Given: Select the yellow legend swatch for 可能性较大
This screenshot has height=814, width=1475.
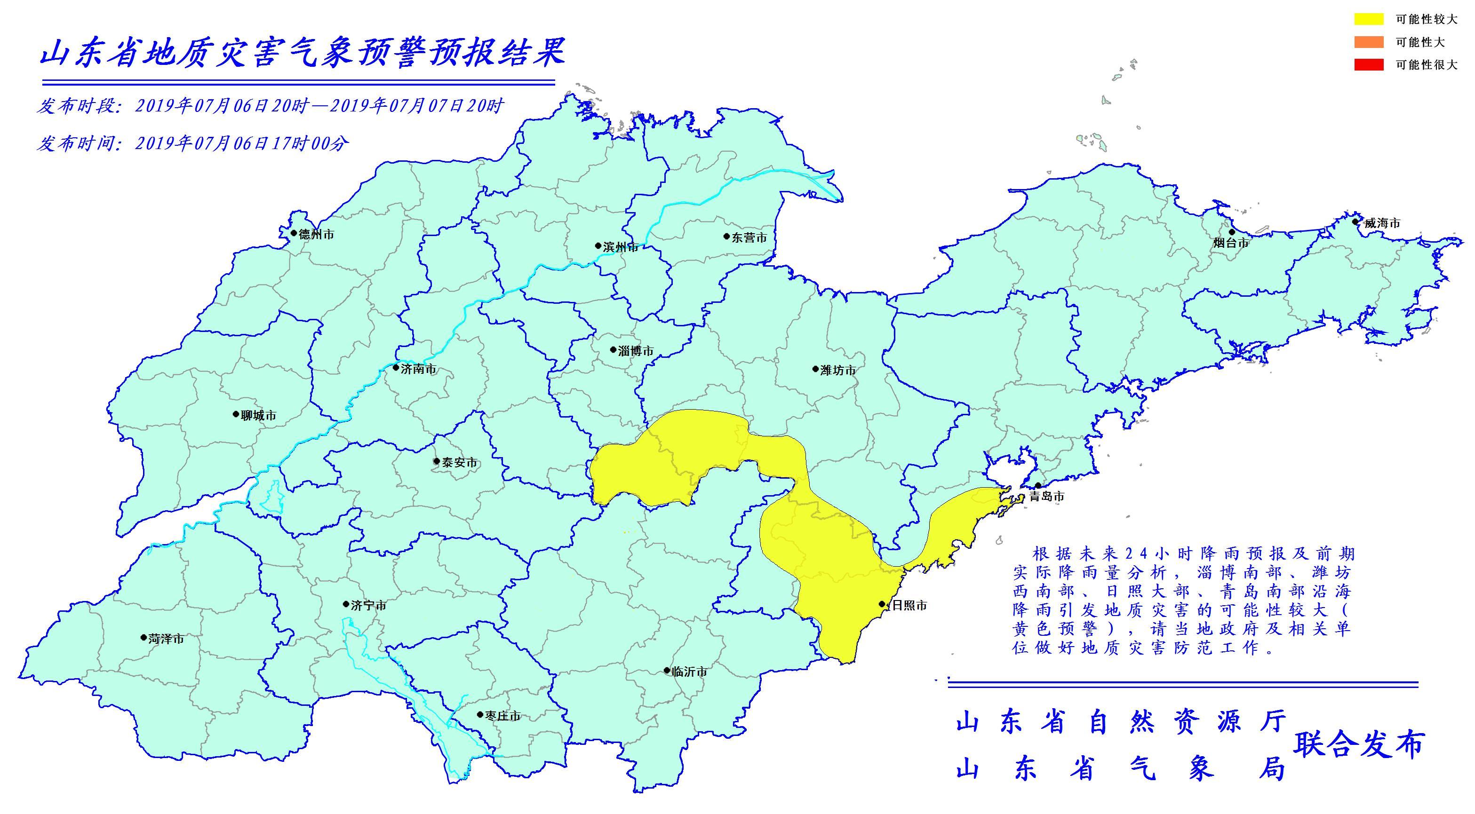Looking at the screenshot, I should click(x=1369, y=19).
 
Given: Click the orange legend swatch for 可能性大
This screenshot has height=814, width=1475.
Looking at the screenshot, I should click(x=1369, y=42).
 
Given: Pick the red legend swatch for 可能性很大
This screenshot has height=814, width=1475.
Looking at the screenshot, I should click(x=1369, y=65).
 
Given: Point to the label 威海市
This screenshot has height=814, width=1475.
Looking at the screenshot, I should click(x=1382, y=223).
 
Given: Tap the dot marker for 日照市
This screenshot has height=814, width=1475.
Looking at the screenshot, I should click(x=882, y=604).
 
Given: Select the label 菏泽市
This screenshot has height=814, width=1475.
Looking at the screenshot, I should click(x=166, y=639).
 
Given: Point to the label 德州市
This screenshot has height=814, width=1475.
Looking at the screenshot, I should click(x=316, y=235).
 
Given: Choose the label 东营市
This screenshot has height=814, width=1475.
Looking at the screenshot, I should click(x=749, y=237).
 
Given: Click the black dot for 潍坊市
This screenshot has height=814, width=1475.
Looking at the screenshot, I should click(x=815, y=369).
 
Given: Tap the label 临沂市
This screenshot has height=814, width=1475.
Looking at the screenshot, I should click(x=689, y=672).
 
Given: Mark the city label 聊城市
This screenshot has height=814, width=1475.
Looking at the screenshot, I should click(x=258, y=416).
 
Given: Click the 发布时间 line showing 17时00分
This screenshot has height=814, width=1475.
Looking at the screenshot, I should click(x=192, y=143).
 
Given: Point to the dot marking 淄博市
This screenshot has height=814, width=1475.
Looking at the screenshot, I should click(x=613, y=349).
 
